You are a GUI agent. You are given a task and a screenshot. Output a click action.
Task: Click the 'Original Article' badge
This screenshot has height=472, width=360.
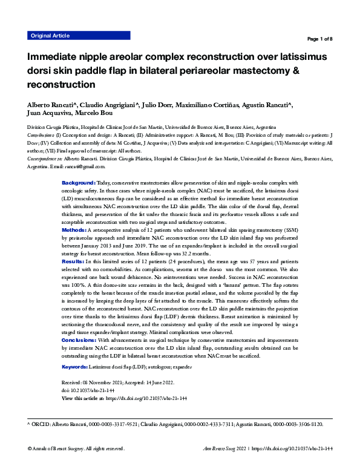50,36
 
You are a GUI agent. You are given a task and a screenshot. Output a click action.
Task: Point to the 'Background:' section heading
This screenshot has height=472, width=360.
79,182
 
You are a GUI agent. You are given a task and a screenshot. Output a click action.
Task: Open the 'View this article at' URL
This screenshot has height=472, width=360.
146,399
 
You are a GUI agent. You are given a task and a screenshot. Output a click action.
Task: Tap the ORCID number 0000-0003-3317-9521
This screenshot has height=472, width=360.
119,425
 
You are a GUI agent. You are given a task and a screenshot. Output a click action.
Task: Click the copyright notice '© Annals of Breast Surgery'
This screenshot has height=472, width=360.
63,449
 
